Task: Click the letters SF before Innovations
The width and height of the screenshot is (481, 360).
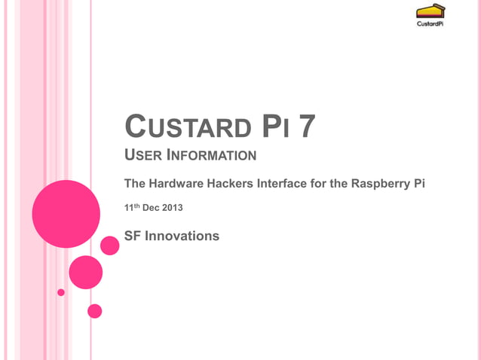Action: click(132, 236)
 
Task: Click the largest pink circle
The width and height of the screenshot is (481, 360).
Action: click(66, 214)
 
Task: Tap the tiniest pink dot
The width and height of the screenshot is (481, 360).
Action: click(61, 292)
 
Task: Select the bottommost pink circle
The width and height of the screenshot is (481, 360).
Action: click(95, 310)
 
